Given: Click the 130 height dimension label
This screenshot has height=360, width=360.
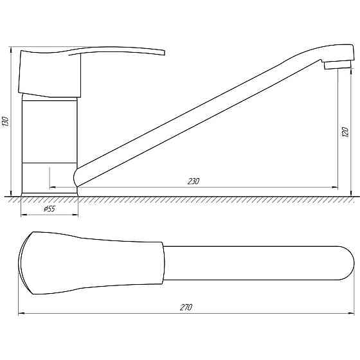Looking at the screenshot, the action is tap(5, 122).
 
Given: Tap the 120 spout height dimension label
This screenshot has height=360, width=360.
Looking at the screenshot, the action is tap(345, 132).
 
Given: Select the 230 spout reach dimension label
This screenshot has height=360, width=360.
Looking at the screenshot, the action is tap(194, 181).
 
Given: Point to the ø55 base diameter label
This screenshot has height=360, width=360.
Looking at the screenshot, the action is tap(50, 209).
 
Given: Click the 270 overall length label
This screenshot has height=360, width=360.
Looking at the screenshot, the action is tap(186, 307).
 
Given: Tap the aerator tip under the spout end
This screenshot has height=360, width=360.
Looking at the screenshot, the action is tap(337, 65).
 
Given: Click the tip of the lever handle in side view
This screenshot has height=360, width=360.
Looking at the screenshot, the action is tap(165, 53).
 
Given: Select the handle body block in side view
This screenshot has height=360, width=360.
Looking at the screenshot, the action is tap(50, 74).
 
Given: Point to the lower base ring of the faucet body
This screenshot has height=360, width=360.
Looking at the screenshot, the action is tap(50, 179).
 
